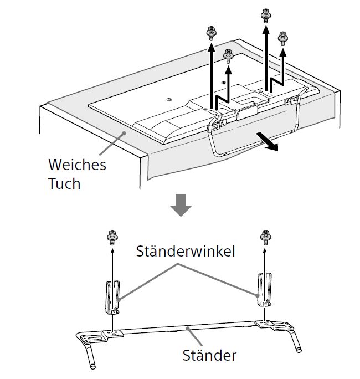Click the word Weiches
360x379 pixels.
77,165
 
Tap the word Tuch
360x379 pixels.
64,183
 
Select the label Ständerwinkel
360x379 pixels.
186,251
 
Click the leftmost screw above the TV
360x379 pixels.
210,34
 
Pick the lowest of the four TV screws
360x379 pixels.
228,55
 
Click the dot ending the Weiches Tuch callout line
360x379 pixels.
126,133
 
